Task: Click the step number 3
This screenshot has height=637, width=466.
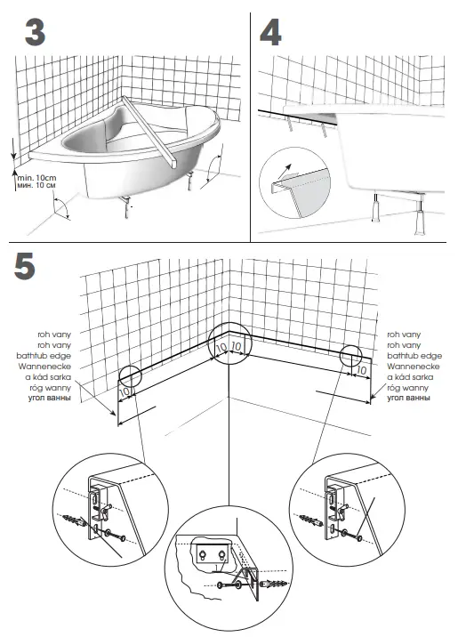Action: [x=34, y=33]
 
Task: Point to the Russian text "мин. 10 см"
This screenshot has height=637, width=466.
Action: [x=36, y=188]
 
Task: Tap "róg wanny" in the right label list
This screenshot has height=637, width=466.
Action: [x=409, y=387]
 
